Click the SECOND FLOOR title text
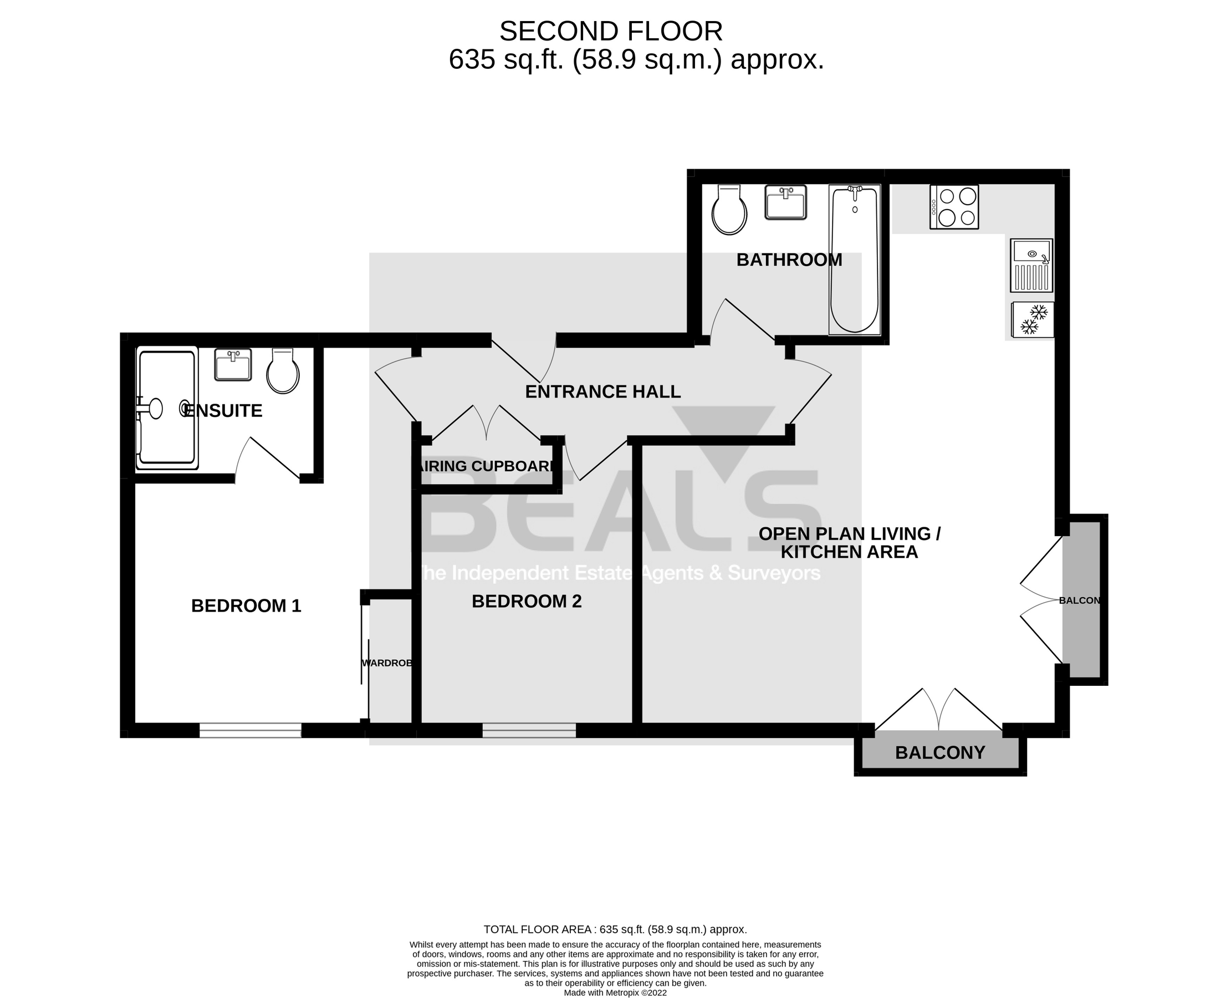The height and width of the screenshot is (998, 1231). click(x=610, y=31)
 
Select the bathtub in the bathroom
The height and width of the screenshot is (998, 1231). click(x=854, y=260)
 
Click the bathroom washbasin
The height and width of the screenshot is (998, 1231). click(x=785, y=202)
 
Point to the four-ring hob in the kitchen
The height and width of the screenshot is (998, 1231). click(x=954, y=207)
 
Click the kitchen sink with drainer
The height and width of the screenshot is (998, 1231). click(x=1031, y=266)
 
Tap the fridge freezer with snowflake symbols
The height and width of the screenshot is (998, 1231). click(x=1033, y=319)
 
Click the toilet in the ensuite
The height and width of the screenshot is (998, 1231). click(x=283, y=371)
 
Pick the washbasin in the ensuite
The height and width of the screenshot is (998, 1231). click(x=233, y=365)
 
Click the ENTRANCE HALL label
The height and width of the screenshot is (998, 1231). click(x=603, y=392)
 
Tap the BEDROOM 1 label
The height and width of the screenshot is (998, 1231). click(x=246, y=606)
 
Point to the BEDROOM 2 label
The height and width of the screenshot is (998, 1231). click(x=527, y=602)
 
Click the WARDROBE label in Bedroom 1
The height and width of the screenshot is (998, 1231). click(x=387, y=663)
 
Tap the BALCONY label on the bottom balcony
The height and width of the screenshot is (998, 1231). click(x=939, y=752)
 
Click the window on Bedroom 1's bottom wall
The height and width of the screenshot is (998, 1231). click(x=250, y=730)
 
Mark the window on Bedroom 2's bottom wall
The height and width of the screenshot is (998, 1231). click(x=529, y=730)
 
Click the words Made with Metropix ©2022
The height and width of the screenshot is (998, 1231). click(x=615, y=993)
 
